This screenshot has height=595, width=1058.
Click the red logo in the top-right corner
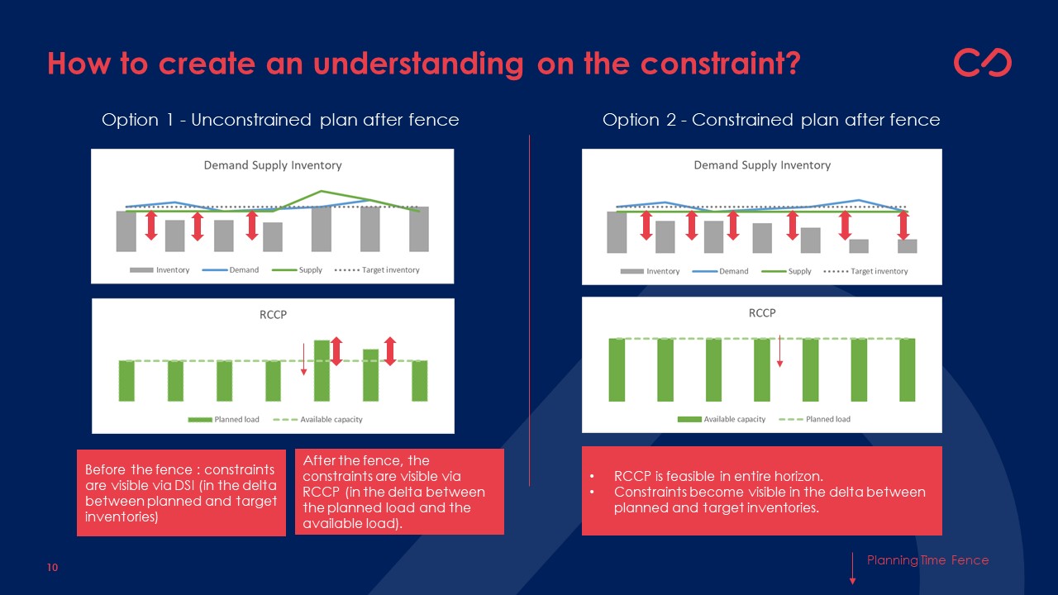coord(983,62)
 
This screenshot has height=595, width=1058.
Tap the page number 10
coord(52,567)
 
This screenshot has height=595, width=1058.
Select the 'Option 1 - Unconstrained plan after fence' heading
coord(280,120)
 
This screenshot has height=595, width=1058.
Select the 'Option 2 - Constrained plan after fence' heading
coord(771,120)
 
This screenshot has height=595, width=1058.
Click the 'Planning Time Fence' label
coord(927,560)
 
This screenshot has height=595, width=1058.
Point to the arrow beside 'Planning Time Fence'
coord(852,569)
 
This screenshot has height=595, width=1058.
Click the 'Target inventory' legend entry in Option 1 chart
coord(377,270)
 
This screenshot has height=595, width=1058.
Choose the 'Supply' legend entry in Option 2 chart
coord(786,272)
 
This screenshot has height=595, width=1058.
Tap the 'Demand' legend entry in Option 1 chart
coord(231,270)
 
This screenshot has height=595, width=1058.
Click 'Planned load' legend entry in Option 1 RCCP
coord(223,419)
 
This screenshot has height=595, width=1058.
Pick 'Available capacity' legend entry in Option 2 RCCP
coord(722,419)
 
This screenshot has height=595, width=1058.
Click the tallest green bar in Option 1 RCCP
coord(322,371)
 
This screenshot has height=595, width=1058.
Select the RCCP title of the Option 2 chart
coord(762,313)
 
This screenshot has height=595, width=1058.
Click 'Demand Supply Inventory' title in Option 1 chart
coord(273,165)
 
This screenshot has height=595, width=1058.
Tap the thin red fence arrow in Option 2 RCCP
coord(779,351)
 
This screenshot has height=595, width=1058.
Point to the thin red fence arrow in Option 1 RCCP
coord(303,359)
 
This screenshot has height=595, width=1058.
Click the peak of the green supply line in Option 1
coord(322,191)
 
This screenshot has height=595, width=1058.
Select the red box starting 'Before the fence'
coord(181,493)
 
